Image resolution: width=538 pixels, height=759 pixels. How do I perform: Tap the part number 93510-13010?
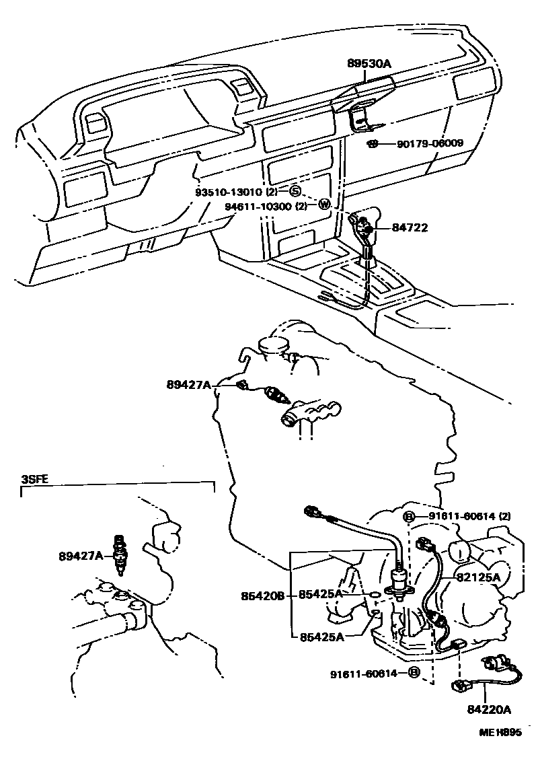pyautogui.click(x=226, y=191)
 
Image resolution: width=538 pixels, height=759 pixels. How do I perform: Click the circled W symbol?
pyautogui.click(x=323, y=205)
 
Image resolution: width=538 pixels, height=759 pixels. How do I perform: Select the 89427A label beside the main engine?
pyautogui.click(x=189, y=384)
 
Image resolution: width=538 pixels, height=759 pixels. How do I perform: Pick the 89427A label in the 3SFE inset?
pyautogui.click(x=81, y=556)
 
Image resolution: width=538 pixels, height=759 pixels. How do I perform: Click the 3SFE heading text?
pyautogui.click(x=34, y=479)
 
